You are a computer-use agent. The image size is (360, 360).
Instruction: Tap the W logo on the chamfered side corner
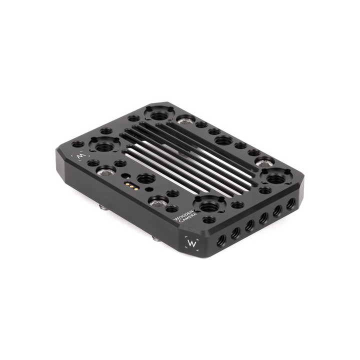click(191, 242)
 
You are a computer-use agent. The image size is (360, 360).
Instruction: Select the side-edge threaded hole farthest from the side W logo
click(290, 204)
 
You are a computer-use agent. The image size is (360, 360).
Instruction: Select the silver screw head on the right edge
click(264, 161)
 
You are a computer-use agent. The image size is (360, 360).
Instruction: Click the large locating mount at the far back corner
click(158, 114)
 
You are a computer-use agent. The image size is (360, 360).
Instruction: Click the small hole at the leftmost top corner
click(77, 144)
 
